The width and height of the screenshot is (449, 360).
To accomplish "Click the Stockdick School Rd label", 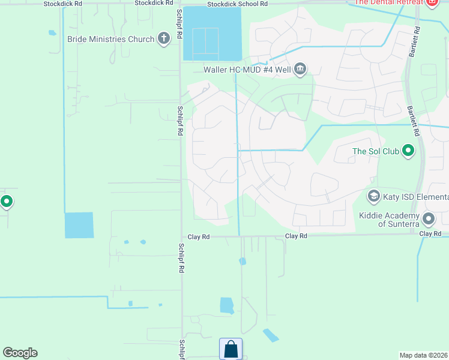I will pos(237,4).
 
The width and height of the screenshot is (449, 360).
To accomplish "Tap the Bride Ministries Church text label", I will pos(111,40).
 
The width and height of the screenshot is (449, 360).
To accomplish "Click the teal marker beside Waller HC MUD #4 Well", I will pos(300,70).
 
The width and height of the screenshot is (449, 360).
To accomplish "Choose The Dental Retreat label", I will pos(387,2).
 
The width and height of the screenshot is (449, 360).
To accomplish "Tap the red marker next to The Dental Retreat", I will pos(431,2).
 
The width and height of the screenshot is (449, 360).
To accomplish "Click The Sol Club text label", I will pos(375,151).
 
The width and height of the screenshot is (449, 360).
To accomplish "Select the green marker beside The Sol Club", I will pos(408,151).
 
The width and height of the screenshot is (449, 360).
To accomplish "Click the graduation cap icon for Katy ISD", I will pos(374,197).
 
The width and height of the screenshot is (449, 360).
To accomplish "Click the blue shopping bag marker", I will pos(231,349).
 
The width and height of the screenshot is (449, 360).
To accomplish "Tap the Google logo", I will pos(20,353).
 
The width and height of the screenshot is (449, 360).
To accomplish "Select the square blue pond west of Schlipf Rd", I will pos(79,225).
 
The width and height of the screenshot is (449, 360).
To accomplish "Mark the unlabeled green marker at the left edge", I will pos(6,202).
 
